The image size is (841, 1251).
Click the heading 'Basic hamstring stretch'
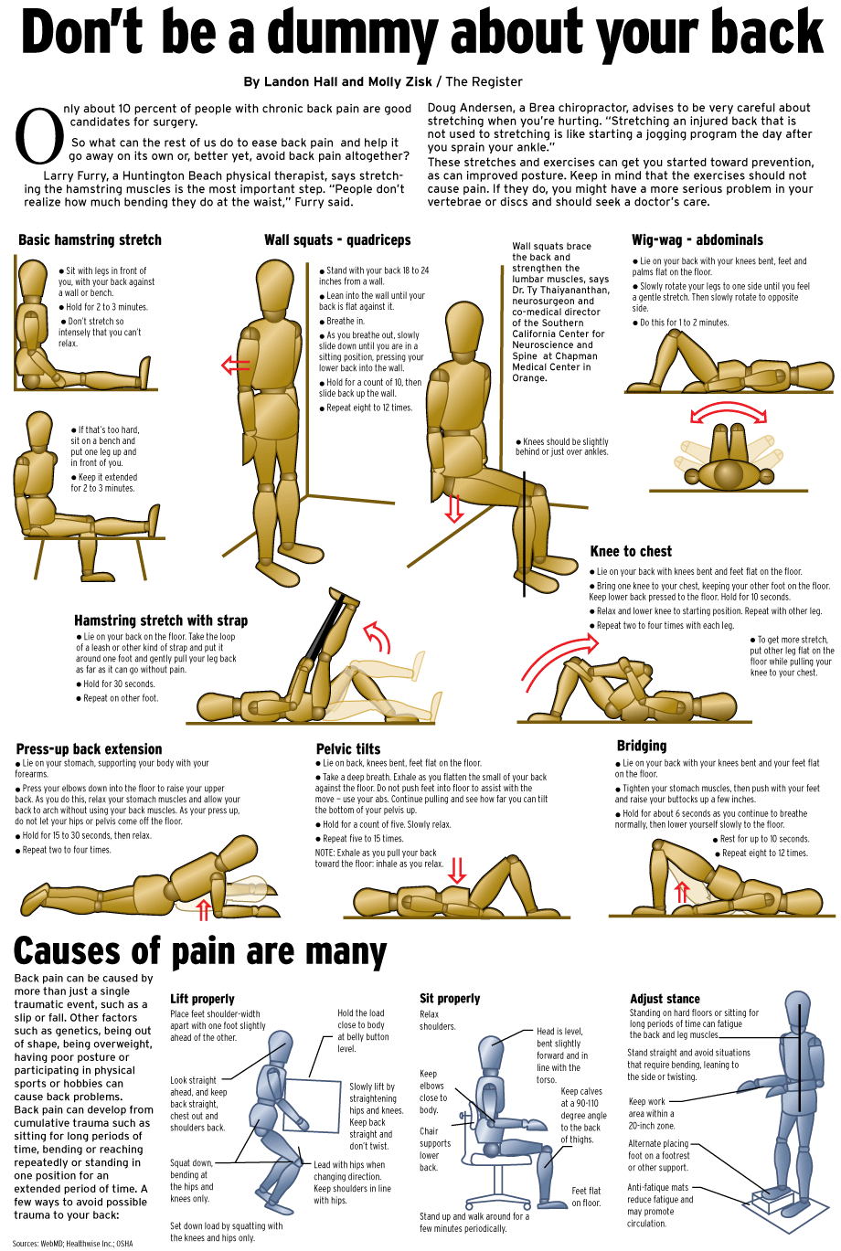(x=90, y=240)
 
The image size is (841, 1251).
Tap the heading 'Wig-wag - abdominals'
(x=697, y=240)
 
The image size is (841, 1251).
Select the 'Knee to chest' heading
(x=631, y=551)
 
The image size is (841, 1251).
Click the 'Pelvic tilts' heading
(x=348, y=749)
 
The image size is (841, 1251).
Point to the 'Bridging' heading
(x=642, y=746)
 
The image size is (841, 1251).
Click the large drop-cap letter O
(x=39, y=137)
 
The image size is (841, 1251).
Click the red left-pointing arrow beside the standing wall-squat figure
(x=235, y=366)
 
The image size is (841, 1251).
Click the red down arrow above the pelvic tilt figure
(x=457, y=870)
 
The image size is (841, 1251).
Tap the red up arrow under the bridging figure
(x=681, y=892)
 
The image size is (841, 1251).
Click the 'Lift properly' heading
(x=202, y=999)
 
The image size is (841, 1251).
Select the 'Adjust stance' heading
(x=665, y=999)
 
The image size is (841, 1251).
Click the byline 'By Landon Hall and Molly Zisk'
(x=337, y=82)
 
